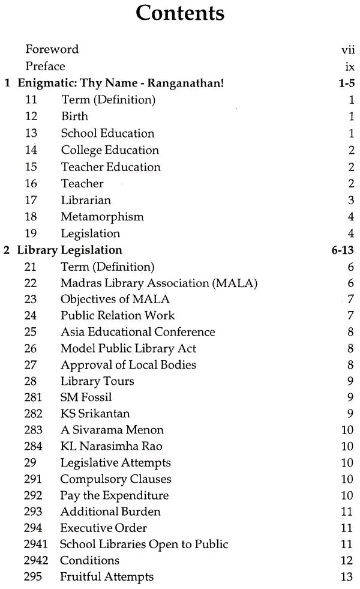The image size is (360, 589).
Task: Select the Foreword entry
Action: pos(52,49)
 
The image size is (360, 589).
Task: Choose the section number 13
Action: pos(31,133)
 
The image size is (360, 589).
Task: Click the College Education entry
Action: pos(109,150)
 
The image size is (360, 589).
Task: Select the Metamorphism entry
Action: pos(102,216)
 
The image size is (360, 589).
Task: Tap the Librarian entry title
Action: pos(86,200)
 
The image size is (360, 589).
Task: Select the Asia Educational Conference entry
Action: pos(137,332)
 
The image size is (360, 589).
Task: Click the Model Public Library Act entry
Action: pos(128,348)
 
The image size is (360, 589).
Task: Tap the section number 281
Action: pos(34,397)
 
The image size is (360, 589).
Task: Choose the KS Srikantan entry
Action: pos(95,414)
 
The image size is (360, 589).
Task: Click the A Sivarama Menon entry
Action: pos(112,430)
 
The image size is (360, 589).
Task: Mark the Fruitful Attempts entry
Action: pos(107,576)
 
